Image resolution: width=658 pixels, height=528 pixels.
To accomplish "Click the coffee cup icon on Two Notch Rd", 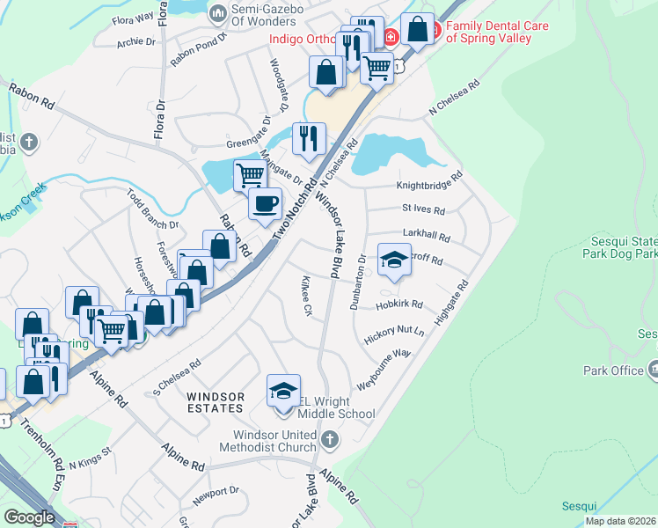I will click(x=265, y=205).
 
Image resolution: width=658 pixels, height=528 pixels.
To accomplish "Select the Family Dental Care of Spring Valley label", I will click(x=496, y=33).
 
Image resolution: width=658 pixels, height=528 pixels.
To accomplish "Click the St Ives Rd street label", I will click(x=423, y=210).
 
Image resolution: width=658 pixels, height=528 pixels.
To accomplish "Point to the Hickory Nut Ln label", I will click(x=394, y=334).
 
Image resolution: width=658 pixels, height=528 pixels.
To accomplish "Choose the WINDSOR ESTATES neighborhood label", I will click(x=215, y=402).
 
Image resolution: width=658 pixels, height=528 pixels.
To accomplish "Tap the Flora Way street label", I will click(x=132, y=16).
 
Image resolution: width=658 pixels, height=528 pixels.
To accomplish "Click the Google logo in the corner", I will click(x=29, y=517).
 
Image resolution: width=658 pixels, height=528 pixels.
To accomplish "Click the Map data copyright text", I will click(x=620, y=521).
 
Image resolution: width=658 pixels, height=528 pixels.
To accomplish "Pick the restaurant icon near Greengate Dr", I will click(x=309, y=138).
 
